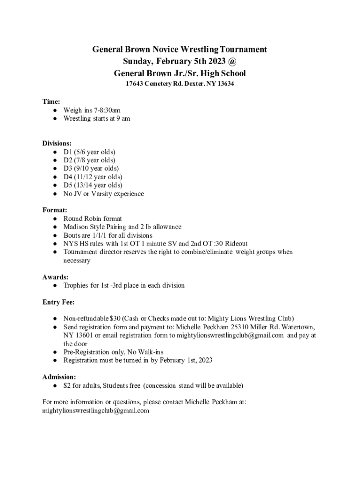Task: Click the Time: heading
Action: (x=51, y=102)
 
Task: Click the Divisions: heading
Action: (x=57, y=144)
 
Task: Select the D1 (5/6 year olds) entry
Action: (x=89, y=152)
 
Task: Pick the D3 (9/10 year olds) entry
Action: (x=91, y=168)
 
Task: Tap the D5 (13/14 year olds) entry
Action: (x=93, y=185)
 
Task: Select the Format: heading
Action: (x=54, y=210)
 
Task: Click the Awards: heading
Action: (x=56, y=277)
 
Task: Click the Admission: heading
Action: (x=59, y=377)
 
